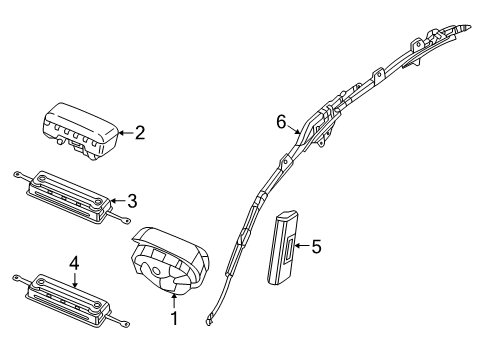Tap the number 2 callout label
(x=140, y=131)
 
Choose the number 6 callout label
(x=282, y=121)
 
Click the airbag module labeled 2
(x=80, y=129)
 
